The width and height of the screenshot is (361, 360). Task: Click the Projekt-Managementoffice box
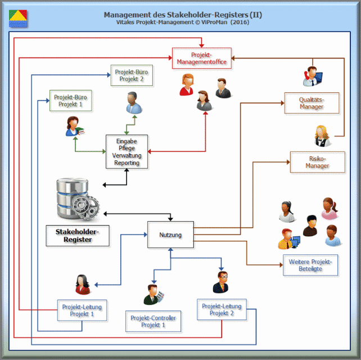tap(201, 58)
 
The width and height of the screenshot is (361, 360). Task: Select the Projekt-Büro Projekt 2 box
tap(130, 76)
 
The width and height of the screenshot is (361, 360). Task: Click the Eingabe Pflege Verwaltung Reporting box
tap(127, 151)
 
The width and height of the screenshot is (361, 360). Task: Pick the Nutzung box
tap(170, 235)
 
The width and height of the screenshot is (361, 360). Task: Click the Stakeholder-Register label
tap(77, 236)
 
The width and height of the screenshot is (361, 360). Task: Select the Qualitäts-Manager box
tap(311, 103)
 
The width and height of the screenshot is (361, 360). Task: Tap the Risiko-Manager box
tap(317, 162)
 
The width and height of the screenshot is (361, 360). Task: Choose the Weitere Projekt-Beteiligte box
tap(310, 265)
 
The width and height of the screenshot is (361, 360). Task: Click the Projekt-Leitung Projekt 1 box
tap(82, 310)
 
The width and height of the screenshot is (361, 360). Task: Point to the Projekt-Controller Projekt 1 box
tap(153, 321)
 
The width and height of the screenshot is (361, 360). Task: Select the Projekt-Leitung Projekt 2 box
tap(221, 310)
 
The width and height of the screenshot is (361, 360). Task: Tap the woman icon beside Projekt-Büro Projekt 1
tap(75, 127)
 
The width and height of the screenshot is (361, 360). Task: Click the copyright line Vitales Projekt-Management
tap(183, 22)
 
